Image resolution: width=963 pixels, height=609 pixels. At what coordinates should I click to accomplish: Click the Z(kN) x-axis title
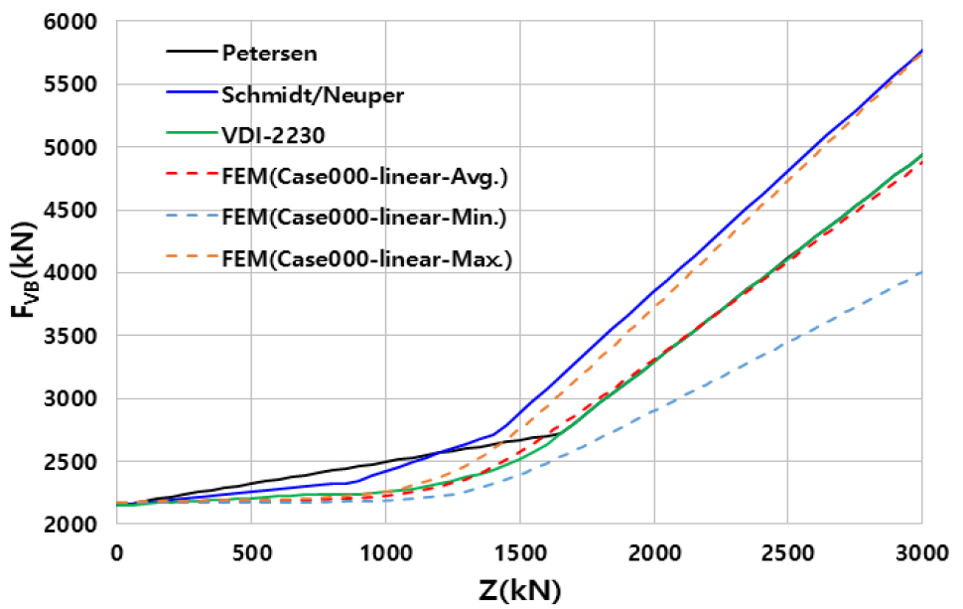pyautogui.click(x=519, y=588)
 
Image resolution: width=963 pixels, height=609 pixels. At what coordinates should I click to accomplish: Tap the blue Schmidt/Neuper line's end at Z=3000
pyautogui.click(x=922, y=50)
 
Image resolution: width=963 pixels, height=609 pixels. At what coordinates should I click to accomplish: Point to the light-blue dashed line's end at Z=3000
pyautogui.click(x=922, y=272)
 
